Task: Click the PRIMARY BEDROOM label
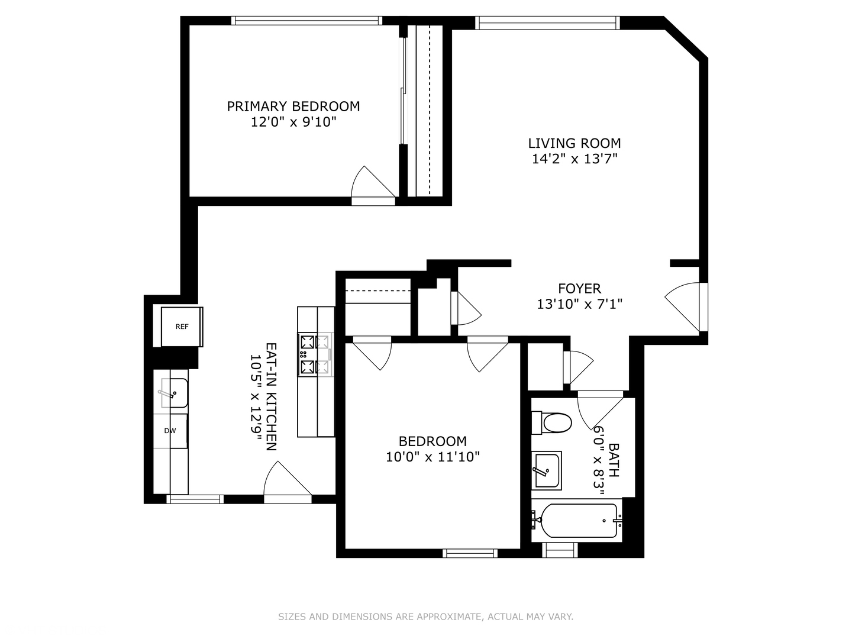coord(293,106)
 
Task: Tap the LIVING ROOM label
coord(574,143)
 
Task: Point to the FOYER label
coord(579,288)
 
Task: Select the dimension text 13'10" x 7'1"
coord(579,304)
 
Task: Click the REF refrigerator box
coord(182,327)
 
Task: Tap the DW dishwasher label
coord(170,431)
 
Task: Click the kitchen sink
coord(175,393)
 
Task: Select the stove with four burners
coord(315,354)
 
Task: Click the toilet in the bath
coord(551,423)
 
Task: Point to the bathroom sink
coord(547,470)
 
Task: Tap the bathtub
coord(577,521)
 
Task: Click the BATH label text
coord(614,460)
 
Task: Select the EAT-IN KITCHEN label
coord(271,396)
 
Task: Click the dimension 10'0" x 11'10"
coord(433,457)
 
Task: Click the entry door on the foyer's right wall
coord(686,307)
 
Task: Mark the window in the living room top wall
coord(547,23)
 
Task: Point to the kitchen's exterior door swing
coord(288,482)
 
